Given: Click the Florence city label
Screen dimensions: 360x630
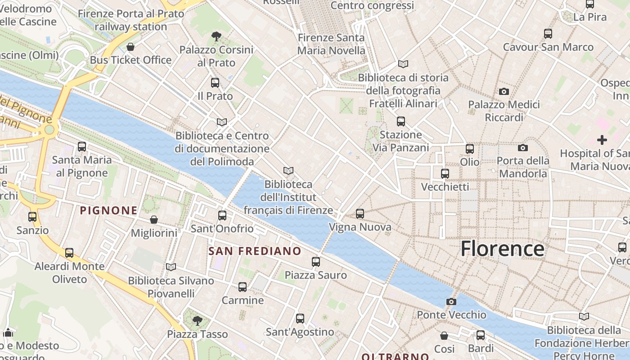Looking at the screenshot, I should (502, 249).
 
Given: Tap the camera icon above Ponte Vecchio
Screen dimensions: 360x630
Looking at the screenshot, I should (451, 301).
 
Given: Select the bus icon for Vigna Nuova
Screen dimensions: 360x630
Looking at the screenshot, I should (360, 214).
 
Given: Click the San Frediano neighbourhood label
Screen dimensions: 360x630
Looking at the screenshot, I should (255, 251).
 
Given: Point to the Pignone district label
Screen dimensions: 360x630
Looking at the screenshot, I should (108, 210).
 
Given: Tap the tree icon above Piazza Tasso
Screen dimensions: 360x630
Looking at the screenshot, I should (197, 320).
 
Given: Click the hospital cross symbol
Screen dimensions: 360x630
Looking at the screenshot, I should (602, 140).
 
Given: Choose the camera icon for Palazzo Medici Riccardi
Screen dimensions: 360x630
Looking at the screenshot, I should (504, 91).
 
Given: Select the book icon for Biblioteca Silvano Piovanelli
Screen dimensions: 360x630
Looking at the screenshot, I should (171, 267).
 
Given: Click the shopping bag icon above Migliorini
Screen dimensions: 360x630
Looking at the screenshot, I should (154, 220).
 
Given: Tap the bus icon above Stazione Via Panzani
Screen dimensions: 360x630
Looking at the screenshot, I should (400, 121).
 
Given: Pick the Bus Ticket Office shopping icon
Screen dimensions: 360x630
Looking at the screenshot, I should (130, 47).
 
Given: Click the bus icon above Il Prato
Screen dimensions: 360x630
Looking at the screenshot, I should (215, 82).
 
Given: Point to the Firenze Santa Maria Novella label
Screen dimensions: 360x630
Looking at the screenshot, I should (331, 44).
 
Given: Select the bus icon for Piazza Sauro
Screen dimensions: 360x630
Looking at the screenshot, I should (316, 261).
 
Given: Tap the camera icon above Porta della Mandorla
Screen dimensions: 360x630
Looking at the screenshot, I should (522, 148).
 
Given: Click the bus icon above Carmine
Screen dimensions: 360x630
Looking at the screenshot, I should (243, 287).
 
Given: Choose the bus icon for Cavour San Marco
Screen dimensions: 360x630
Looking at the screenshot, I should (548, 33).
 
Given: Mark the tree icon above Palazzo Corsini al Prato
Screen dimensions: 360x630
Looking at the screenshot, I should (216, 36).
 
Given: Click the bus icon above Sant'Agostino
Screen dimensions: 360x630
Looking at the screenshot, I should (300, 319).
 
